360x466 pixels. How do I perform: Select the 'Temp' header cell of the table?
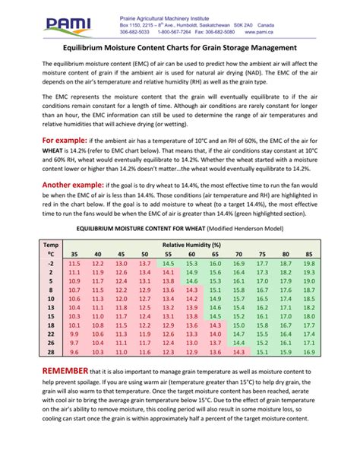tap(50, 245)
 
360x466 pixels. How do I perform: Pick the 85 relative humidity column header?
tap(308, 254)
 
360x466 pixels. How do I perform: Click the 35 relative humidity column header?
tap(74, 254)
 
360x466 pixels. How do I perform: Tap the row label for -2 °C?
tap(50, 263)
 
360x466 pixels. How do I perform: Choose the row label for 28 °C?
tap(50, 352)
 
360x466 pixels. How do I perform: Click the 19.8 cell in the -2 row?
tap(308, 263)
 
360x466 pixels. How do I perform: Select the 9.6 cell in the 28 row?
tap(74, 352)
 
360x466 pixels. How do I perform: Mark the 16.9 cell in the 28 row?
tap(308, 352)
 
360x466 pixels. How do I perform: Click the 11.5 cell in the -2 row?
tap(74, 263)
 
